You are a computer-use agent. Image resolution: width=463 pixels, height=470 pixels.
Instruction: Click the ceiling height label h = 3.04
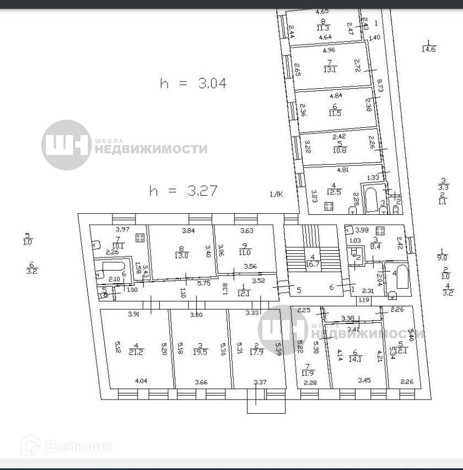pyautogui.click(x=193, y=83)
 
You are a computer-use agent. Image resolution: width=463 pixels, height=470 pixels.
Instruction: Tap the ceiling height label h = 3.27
pyautogui.click(x=184, y=191)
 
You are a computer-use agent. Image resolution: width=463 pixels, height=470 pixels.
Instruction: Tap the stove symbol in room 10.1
pyautogui.click(x=140, y=237)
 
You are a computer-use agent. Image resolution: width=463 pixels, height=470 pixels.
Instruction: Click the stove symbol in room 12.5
pyautogui.click(x=330, y=207)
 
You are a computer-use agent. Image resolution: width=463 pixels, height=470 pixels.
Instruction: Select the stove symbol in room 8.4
pyautogui.click(x=379, y=230)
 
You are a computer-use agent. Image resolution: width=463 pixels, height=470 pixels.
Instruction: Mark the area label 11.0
pyautogui.click(x=245, y=253)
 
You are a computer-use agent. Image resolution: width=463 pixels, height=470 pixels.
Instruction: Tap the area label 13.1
pyautogui.click(x=330, y=69)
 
